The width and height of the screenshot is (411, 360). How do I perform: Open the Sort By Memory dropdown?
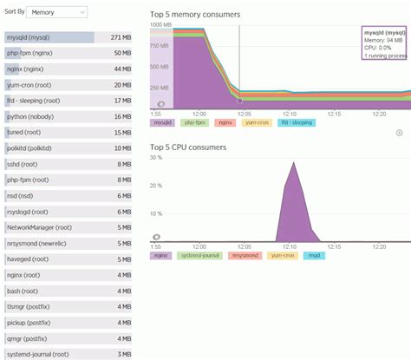pos(57,13)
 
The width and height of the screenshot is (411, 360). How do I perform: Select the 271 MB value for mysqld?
pos(121,38)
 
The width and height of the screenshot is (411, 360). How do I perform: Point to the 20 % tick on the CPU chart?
pos(157,186)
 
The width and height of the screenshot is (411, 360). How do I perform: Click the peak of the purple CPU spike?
pos(293,163)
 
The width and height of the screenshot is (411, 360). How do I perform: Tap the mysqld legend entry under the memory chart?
pos(162,122)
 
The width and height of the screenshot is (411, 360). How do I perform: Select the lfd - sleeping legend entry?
pos(297,122)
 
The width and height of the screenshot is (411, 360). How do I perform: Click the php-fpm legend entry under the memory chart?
pos(193,122)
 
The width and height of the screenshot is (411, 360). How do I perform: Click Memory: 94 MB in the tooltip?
pos(383,40)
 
